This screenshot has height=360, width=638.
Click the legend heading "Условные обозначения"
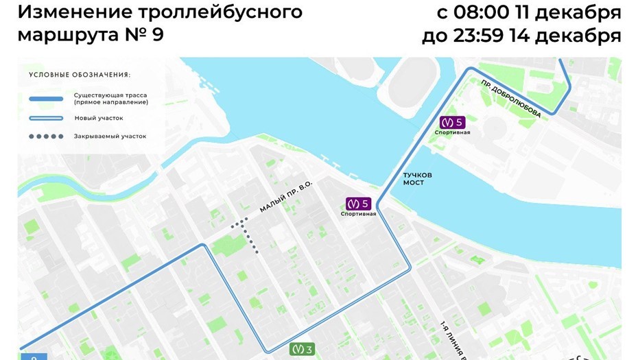[x=80, y=74]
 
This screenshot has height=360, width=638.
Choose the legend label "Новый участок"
[x=99, y=118]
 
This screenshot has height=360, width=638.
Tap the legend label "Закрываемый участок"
[x=110, y=136]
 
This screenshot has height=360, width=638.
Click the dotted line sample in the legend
[x=46, y=136]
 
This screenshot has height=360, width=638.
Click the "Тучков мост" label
[x=414, y=178]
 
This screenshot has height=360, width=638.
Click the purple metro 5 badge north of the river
[x=452, y=122]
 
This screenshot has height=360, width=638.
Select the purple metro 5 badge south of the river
[x=358, y=204]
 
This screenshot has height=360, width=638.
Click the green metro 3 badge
[x=302, y=349]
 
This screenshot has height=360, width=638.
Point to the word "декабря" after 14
[x=582, y=35]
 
